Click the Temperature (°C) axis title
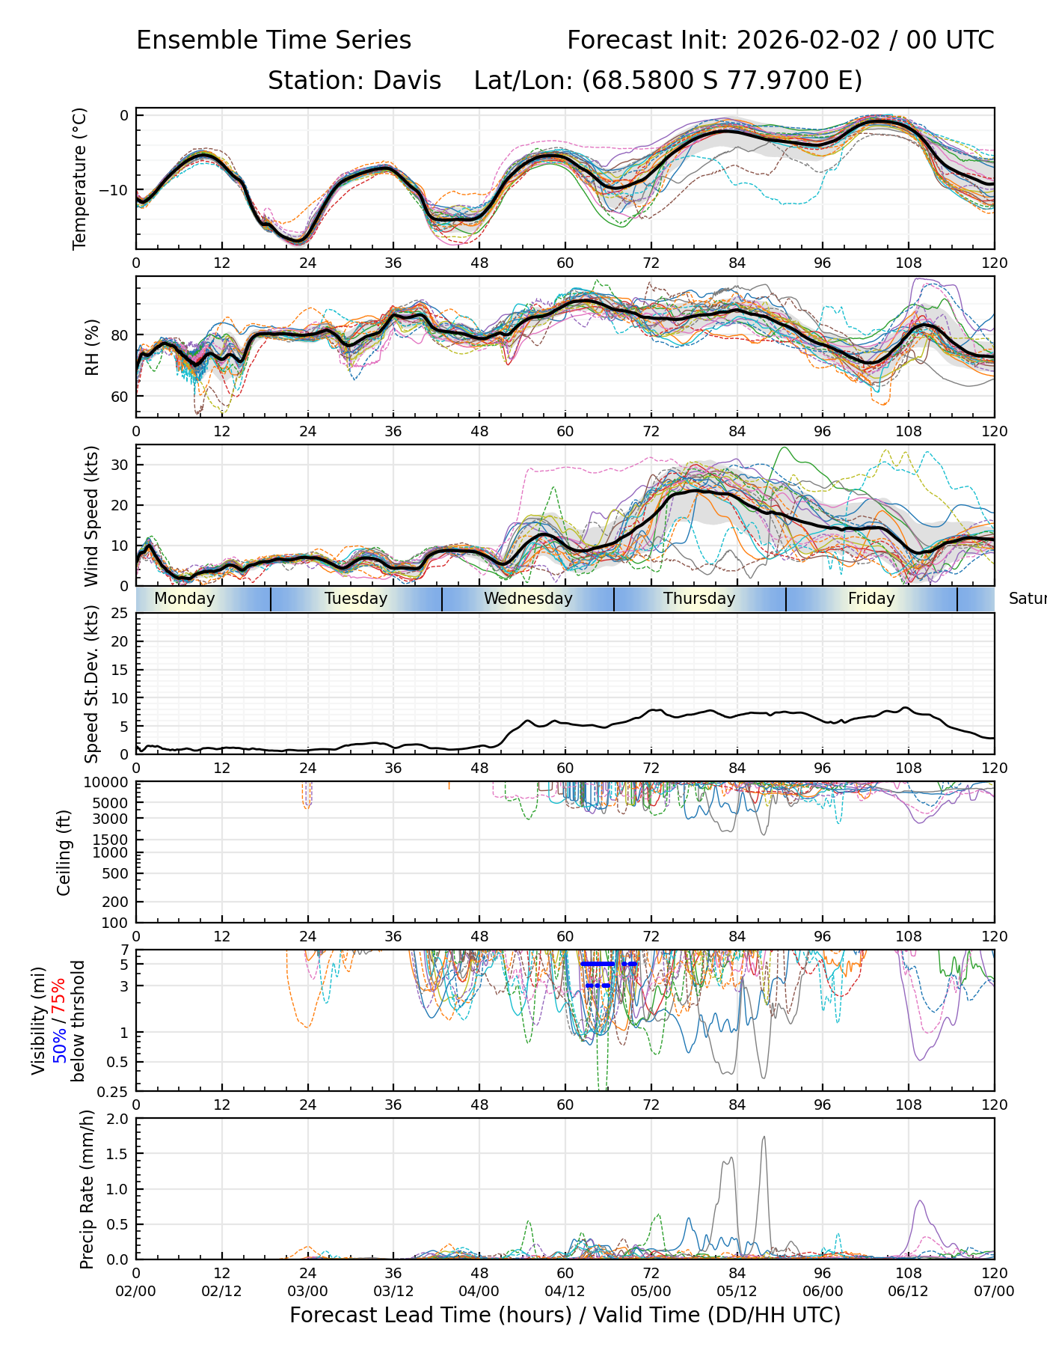(x=79, y=178)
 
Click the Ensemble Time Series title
(x=274, y=40)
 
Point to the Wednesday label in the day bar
(x=528, y=599)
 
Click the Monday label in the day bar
(x=184, y=599)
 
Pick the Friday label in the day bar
(x=871, y=599)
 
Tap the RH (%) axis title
(x=92, y=347)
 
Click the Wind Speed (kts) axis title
(x=91, y=516)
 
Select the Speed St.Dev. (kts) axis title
(x=91, y=684)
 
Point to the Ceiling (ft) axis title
(x=64, y=852)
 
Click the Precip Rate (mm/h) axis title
(x=87, y=1189)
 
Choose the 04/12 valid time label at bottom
(x=565, y=1291)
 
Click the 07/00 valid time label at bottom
(x=994, y=1291)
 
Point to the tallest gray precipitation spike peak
(x=764, y=1137)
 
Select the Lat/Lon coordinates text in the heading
(x=668, y=80)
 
